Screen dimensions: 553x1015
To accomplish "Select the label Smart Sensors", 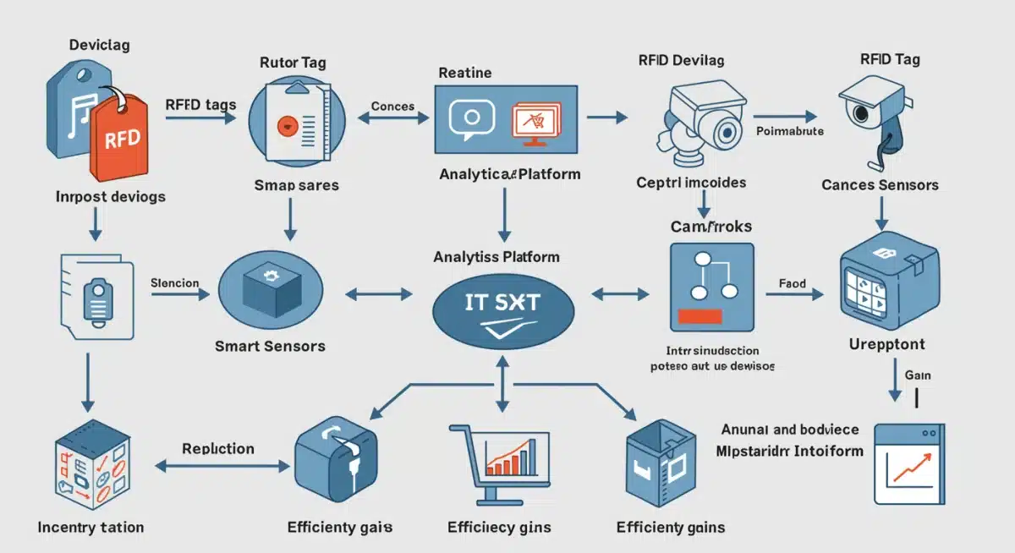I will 270,345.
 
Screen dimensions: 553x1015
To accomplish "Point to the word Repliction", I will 218,448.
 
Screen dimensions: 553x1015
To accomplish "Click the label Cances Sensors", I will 880,184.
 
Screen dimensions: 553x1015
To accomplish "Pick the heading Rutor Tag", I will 292,62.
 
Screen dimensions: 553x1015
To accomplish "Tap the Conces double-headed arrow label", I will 392,107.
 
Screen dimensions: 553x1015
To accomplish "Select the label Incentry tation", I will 91,527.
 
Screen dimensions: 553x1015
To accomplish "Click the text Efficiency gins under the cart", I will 499,527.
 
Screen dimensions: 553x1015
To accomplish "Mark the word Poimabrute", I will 789,132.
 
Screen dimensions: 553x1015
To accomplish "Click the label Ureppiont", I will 886,345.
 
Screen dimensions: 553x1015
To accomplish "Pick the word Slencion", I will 174,283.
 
